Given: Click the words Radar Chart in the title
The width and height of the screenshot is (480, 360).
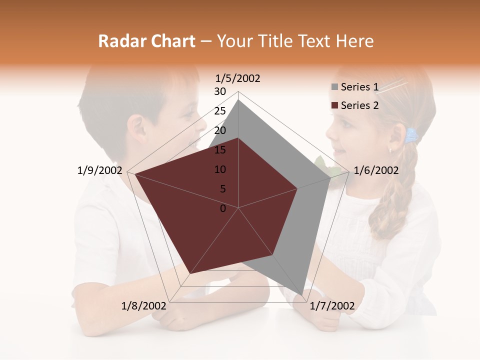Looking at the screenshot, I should click(x=146, y=41).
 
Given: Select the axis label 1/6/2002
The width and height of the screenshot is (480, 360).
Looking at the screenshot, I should click(x=376, y=170).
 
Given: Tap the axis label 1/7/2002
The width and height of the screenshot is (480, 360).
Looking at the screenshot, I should click(x=332, y=306).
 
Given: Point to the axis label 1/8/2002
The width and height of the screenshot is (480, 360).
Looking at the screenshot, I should click(x=144, y=306).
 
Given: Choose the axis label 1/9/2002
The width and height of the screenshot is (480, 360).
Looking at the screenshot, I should click(x=100, y=170).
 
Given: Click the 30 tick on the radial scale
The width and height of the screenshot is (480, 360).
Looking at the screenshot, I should click(x=220, y=91).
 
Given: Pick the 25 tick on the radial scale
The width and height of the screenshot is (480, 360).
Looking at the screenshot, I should click(x=220, y=111).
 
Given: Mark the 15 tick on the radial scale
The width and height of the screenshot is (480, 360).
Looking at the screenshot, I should click(x=220, y=150).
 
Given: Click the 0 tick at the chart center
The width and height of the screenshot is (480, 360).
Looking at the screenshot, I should click(x=223, y=208).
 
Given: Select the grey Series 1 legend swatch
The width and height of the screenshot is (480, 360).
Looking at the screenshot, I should click(x=334, y=87).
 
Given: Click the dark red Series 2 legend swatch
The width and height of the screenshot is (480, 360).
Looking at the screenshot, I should click(x=334, y=105).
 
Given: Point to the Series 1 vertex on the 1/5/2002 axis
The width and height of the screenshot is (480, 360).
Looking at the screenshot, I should click(x=238, y=100).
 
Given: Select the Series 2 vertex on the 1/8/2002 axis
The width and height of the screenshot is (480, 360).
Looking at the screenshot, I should click(x=189, y=273).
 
